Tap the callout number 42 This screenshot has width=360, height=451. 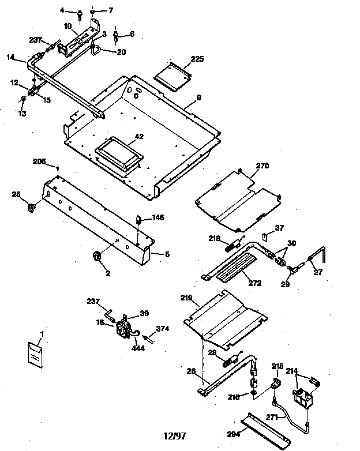click(x=139, y=137)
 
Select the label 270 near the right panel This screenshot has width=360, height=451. click(x=262, y=166)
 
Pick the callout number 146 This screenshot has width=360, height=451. click(x=158, y=218)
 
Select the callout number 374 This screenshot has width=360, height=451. click(x=163, y=329)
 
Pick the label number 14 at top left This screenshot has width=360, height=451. click(x=10, y=57)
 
